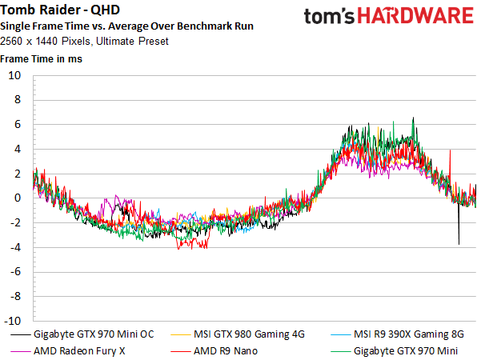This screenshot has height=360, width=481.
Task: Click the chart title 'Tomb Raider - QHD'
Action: click(x=60, y=10)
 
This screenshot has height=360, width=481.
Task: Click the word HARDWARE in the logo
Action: click(x=415, y=16)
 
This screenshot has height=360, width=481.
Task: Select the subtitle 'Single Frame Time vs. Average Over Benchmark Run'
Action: click(x=126, y=26)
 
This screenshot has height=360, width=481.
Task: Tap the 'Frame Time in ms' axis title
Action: click(x=41, y=59)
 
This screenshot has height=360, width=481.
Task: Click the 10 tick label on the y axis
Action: click(x=14, y=75)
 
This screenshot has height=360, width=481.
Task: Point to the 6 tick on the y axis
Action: click(x=18, y=124)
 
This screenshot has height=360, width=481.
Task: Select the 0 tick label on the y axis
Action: click(x=18, y=198)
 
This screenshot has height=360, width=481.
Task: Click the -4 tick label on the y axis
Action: click(x=16, y=247)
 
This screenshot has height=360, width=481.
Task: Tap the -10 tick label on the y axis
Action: click(x=13, y=321)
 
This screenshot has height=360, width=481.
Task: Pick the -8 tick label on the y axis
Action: click(x=16, y=296)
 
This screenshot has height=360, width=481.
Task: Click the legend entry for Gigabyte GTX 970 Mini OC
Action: click(x=82, y=334)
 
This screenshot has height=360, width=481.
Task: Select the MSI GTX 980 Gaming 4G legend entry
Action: click(x=238, y=334)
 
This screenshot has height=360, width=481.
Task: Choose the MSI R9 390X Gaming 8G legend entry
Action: click(x=398, y=334)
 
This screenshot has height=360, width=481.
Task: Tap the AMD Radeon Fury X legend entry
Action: click(x=68, y=351)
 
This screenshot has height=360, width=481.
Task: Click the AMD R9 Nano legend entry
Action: click(x=214, y=351)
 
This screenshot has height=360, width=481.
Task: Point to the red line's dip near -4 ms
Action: click(x=192, y=244)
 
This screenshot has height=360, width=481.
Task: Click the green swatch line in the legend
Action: click(x=340, y=351)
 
